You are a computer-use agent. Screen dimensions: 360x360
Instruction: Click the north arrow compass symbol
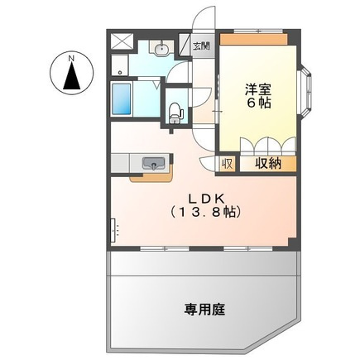[x=72, y=77]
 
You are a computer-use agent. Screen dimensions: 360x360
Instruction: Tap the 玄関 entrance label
[x=202, y=46]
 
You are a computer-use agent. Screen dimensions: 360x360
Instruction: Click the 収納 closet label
[x=267, y=164]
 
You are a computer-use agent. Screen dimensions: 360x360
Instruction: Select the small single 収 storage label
[x=227, y=164]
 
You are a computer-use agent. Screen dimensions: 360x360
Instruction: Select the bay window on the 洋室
[x=305, y=89]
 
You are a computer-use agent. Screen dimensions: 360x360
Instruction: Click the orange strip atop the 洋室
[x=253, y=40]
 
